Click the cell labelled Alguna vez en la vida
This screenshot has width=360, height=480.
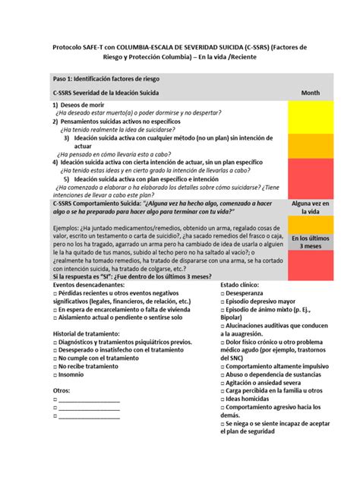coord(310,207)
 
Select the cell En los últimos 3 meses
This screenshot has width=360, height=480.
coord(310,242)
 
